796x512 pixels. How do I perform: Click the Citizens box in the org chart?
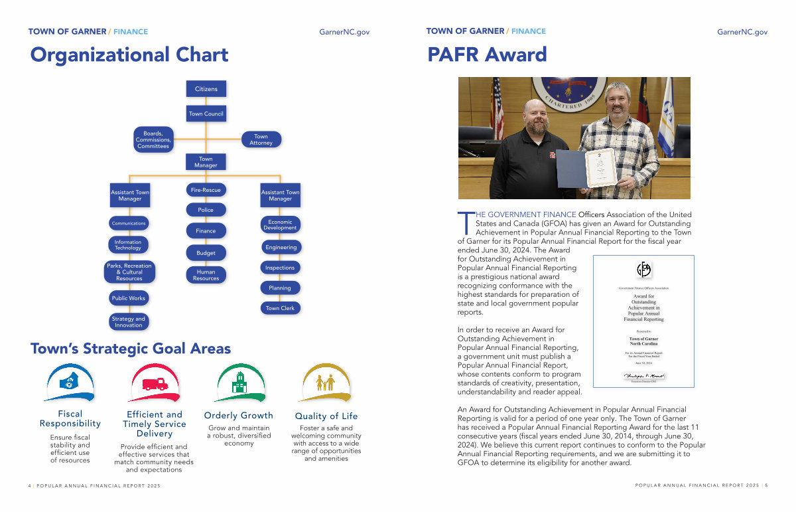tap(206, 89)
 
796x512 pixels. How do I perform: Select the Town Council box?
tap(206, 114)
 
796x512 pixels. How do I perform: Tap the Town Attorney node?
tap(261, 139)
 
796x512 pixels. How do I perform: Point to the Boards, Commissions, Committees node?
tap(153, 139)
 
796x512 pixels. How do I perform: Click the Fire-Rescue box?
tap(206, 190)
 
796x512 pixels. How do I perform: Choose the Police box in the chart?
tap(206, 210)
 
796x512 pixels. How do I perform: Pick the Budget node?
tap(206, 253)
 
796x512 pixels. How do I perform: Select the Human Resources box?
tap(206, 275)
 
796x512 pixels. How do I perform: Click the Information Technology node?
tap(128, 245)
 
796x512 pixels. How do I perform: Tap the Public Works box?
tap(129, 298)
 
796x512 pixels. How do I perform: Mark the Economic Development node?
tap(280, 224)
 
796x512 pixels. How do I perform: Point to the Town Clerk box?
tap(280, 308)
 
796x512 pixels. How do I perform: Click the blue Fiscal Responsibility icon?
tap(70, 383)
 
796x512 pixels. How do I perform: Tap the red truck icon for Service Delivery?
tap(155, 383)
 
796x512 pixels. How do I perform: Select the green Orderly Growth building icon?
tap(239, 383)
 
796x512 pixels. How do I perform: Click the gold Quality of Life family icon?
tap(326, 383)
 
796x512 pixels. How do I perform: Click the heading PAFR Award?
tap(487, 54)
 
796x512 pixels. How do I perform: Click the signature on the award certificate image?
tap(642, 376)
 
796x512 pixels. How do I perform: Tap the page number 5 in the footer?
tap(766, 486)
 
